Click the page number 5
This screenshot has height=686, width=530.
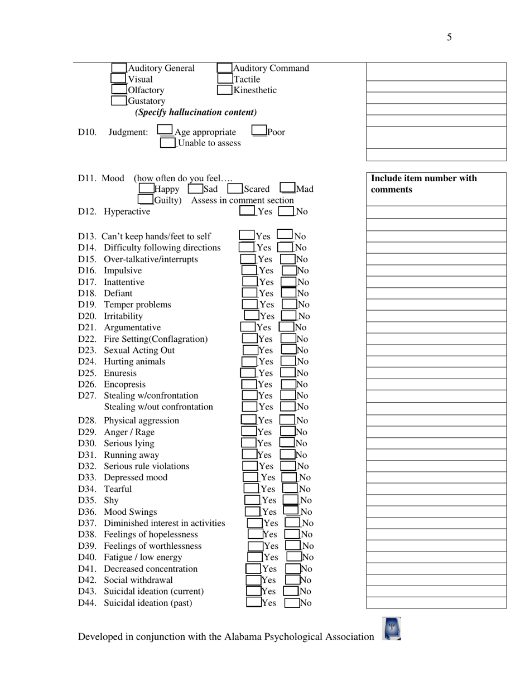[449, 37]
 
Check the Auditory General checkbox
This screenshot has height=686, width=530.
[119, 68]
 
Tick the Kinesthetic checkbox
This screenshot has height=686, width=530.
[224, 90]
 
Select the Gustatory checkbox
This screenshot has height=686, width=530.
[119, 101]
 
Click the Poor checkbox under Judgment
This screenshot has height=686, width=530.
[259, 132]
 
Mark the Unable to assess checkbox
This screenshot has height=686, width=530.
[167, 143]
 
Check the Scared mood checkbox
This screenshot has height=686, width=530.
[234, 189]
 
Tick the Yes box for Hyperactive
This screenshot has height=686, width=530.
[247, 211]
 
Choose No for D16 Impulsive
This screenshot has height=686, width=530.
[289, 270]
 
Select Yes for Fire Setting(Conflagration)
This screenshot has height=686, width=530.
[249, 339]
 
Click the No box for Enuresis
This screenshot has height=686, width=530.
[288, 373]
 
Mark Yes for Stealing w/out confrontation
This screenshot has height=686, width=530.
[249, 407]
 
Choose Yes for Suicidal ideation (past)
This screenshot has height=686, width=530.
[253, 602]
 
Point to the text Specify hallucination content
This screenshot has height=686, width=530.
[196, 112]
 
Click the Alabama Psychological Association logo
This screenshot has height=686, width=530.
[392, 629]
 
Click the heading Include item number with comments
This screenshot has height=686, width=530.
[424, 184]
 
